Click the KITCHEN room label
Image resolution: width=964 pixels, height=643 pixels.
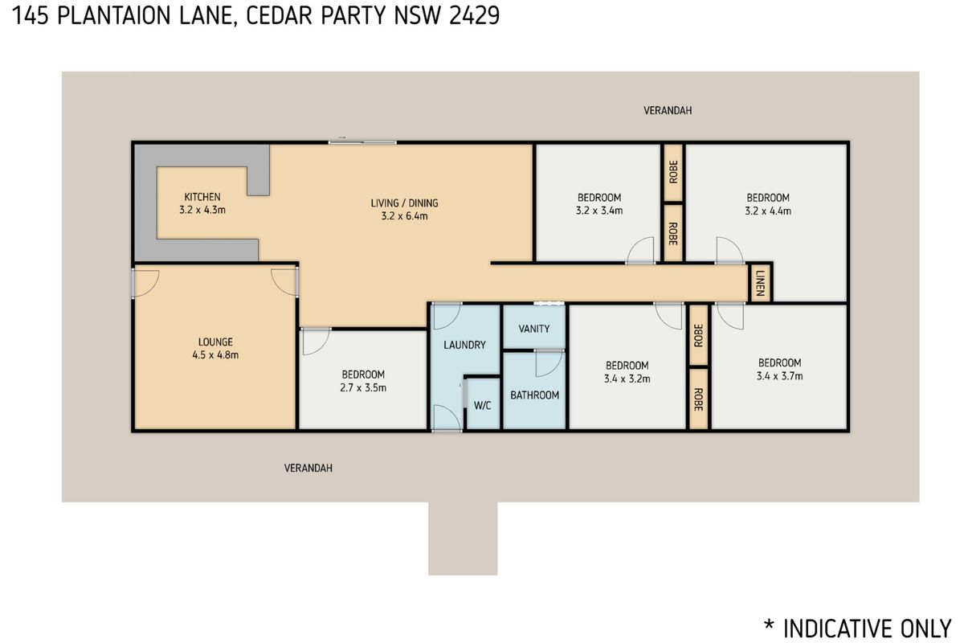tap(202, 197)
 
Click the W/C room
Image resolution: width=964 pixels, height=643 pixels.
tap(482, 405)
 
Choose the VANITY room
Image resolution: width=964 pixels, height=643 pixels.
tap(534, 329)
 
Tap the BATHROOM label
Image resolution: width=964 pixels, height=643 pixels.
tap(534, 395)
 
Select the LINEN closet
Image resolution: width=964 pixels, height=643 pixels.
tap(760, 283)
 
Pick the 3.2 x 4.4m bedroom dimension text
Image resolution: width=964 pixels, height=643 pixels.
tap(768, 211)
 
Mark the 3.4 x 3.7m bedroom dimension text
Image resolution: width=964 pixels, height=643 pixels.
tap(779, 375)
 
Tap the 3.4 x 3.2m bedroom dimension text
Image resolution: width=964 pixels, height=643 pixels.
tap(627, 379)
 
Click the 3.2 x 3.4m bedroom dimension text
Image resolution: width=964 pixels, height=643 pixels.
tap(599, 211)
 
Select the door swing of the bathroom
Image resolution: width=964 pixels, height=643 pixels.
tap(548, 364)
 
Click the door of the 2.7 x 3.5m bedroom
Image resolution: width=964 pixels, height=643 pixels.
tap(316, 341)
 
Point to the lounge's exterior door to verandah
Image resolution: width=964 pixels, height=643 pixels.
tap(145, 282)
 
